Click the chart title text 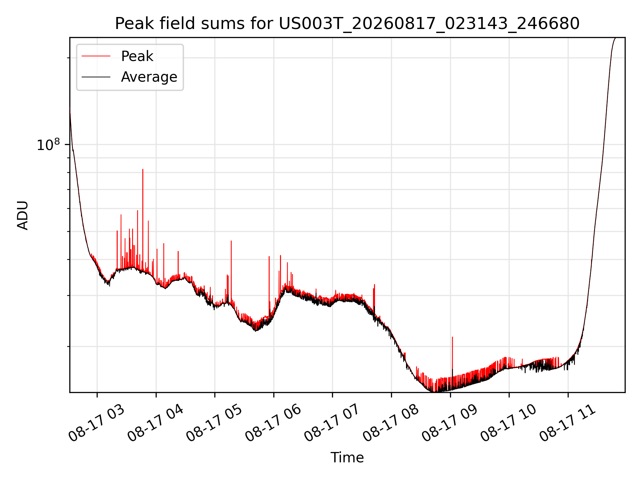point(347,24)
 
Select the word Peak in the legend point(137,56)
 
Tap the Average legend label point(149,77)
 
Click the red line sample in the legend point(96,56)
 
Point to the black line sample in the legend point(96,77)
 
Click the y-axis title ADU point(23,215)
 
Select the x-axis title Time point(347,457)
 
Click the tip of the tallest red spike point(143,169)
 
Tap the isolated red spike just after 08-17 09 point(452,337)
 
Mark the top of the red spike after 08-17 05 point(231,241)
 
